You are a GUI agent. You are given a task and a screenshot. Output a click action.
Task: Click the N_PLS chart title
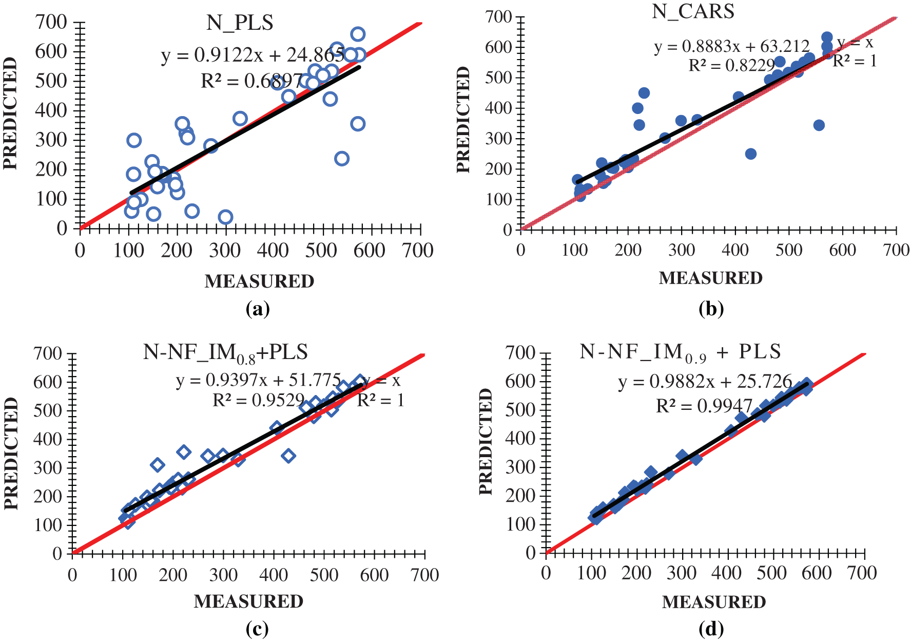tap(240, 23)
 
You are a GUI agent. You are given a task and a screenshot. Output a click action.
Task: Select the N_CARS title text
tap(693, 11)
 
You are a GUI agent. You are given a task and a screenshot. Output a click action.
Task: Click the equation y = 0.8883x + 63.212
tap(731, 47)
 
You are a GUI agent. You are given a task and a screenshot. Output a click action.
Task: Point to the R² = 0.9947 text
tap(704, 406)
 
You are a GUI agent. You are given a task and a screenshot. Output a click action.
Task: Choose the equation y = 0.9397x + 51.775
tap(258, 380)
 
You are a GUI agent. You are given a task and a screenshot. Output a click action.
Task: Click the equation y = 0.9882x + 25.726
tap(705, 382)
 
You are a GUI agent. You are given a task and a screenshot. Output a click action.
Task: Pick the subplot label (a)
tap(258, 309)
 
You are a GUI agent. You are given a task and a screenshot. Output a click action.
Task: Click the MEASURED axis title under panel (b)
tap(710, 278)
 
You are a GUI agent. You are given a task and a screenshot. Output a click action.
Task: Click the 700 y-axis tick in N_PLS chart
tap(51, 22)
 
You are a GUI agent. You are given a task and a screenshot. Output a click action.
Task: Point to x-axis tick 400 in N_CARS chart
tap(735, 250)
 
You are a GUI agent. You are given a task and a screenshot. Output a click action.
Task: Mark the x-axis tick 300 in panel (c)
tap(223, 574)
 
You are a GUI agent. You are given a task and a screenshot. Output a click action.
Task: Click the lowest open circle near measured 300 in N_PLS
tap(225, 217)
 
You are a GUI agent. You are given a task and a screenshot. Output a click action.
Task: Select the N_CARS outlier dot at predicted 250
tap(750, 154)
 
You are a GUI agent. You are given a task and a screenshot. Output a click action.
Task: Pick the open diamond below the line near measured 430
tap(288, 456)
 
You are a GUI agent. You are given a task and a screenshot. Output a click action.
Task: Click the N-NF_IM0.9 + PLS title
tap(680, 352)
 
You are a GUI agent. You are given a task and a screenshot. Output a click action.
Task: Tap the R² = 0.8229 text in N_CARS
tap(731, 65)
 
